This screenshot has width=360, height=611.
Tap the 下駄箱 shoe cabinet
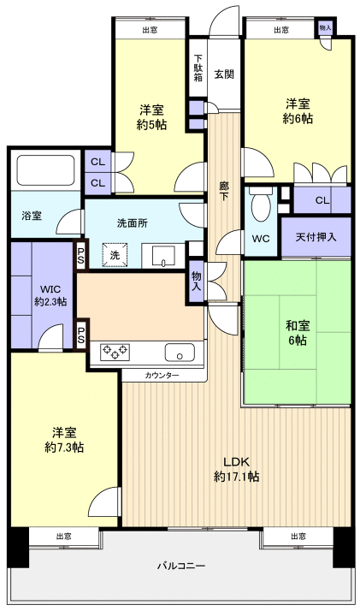[x=198, y=68]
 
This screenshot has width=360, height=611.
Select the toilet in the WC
[x=263, y=205]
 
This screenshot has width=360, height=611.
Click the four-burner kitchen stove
[x=116, y=351]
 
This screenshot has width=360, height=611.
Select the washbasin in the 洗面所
[x=163, y=254]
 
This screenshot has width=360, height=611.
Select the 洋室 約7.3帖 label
[x=64, y=440]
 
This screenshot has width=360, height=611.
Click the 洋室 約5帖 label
[x=153, y=117]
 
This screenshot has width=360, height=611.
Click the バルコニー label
[x=180, y=566]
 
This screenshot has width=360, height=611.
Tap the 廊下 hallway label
[x=224, y=189]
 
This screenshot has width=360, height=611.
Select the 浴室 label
[x=32, y=217]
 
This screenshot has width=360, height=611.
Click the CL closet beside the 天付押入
[x=322, y=200]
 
